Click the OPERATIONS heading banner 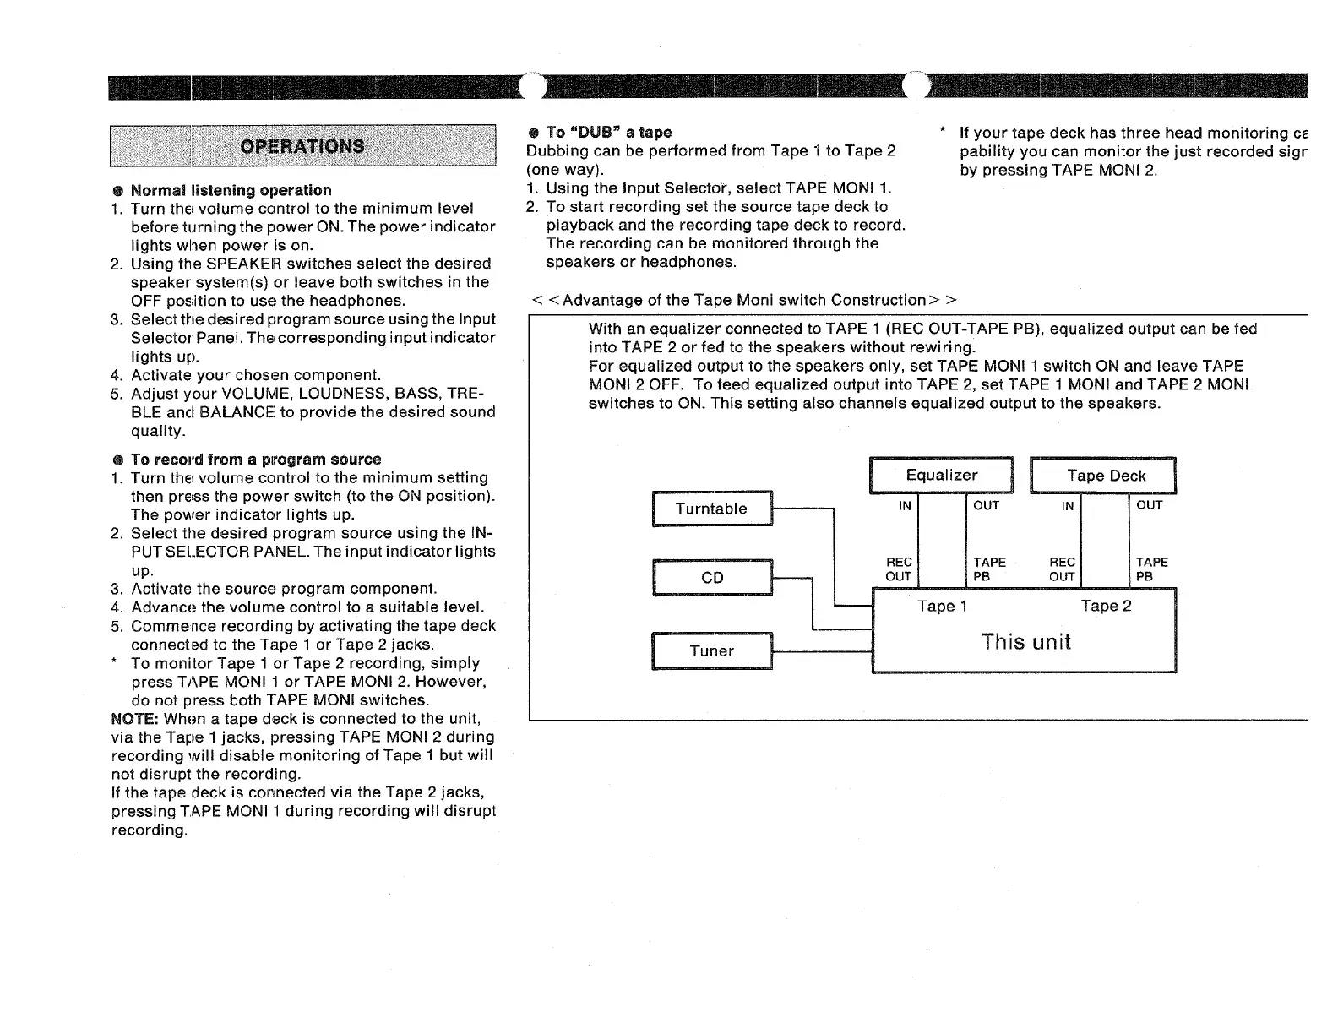(x=302, y=146)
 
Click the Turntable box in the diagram (x=711, y=509)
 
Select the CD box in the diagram (x=712, y=578)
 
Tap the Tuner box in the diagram (x=711, y=651)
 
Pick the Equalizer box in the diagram (x=941, y=476)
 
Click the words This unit (x=1025, y=642)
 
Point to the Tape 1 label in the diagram (x=942, y=606)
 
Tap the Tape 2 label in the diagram (x=1106, y=606)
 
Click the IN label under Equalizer (x=905, y=506)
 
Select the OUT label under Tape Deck (x=1149, y=505)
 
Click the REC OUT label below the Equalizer (x=898, y=569)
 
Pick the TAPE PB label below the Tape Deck (x=1151, y=569)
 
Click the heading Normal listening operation (x=231, y=190)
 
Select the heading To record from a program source (x=256, y=460)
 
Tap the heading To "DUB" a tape (x=608, y=133)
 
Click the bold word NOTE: (x=135, y=719)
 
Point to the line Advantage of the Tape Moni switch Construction (x=743, y=301)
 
